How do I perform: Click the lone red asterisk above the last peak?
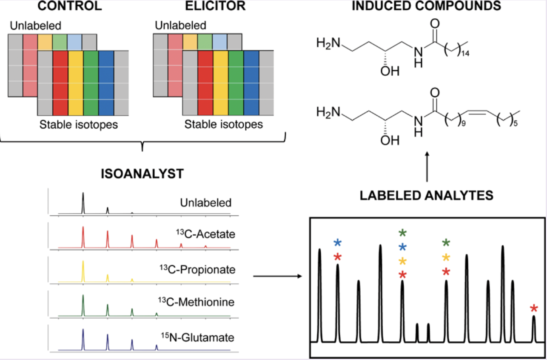coord(534,309)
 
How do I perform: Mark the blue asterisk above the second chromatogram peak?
coord(338,243)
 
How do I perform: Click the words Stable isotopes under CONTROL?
coord(79,125)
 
